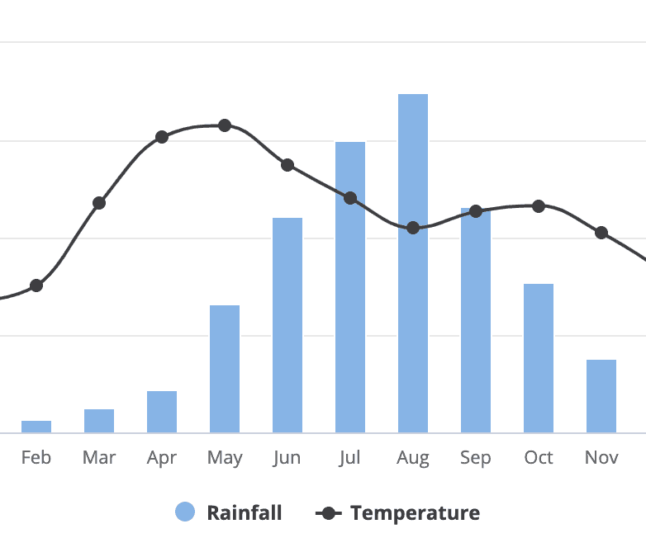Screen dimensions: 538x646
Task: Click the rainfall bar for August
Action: (413, 263)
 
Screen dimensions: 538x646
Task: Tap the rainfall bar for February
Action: (36, 427)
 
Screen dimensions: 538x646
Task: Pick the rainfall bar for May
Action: (225, 369)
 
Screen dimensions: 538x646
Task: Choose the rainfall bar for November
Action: (601, 396)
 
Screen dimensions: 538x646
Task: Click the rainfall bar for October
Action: (539, 358)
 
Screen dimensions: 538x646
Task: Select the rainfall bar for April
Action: (162, 412)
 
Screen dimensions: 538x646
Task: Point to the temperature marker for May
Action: (225, 125)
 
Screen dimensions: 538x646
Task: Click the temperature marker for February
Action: (36, 286)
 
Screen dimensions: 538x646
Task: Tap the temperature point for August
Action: (413, 228)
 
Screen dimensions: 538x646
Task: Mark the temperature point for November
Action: (601, 233)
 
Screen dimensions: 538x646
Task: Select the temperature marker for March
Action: (99, 203)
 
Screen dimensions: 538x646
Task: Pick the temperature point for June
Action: (287, 165)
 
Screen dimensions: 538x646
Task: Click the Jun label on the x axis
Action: (287, 457)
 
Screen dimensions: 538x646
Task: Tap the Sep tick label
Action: (476, 457)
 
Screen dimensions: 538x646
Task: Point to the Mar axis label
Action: (99, 457)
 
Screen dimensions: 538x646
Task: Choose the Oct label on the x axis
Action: (539, 457)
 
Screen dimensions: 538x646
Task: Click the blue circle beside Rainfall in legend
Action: (185, 512)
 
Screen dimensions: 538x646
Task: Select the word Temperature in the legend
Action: (415, 513)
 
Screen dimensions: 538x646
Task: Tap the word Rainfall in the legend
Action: (244, 513)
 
